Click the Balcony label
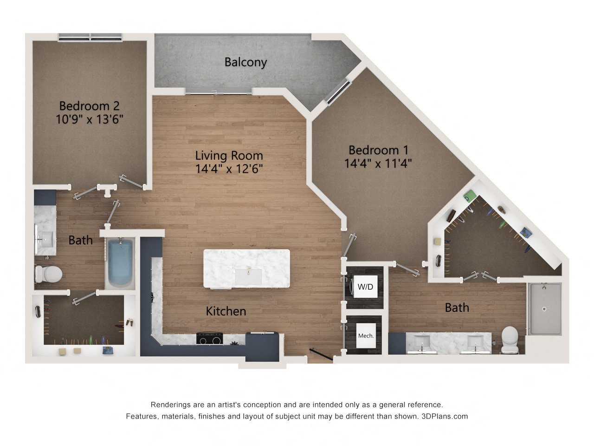tap(245, 62)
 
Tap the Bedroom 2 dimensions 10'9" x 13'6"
tap(90, 119)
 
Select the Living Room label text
tap(229, 156)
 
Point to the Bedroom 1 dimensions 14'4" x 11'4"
tap(378, 163)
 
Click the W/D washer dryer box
tap(365, 287)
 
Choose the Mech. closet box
tap(366, 335)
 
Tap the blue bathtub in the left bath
tap(120, 263)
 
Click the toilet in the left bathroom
tap(49, 274)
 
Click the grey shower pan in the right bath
tap(544, 309)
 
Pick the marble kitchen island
tap(246, 269)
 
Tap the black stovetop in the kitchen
tap(209, 339)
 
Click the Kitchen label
tap(226, 311)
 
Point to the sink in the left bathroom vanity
tap(45, 238)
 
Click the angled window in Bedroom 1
tap(337, 92)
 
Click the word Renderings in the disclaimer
tap(170, 405)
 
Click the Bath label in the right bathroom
tap(457, 308)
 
